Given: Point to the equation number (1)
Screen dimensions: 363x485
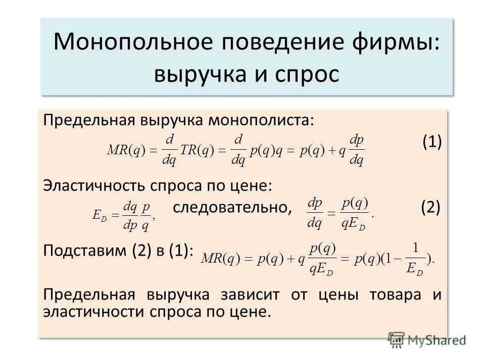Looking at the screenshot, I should [432, 143].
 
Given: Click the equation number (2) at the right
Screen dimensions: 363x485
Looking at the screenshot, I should [430, 207].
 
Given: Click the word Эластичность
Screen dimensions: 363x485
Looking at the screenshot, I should [94, 186].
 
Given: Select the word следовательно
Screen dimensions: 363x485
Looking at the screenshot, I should [232, 207].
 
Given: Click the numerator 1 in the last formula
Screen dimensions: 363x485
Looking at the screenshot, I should [415, 248].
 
